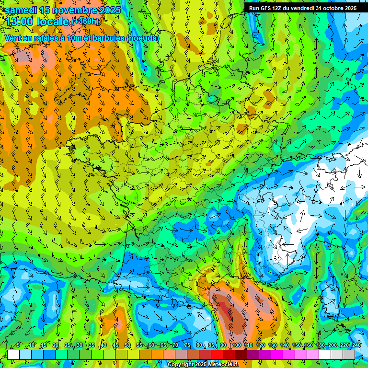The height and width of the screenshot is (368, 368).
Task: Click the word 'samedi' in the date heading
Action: [21, 10]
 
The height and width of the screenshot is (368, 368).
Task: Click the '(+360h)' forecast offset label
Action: [85, 21]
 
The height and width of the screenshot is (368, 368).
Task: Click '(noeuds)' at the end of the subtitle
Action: [143, 38]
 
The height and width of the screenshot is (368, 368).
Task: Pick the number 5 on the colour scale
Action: [18, 345]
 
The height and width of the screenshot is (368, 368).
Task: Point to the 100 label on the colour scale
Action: [236, 345]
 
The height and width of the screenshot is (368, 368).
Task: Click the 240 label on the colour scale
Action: [356, 345]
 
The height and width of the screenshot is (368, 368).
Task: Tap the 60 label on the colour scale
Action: [151, 345]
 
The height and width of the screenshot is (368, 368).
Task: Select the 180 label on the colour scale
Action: [320, 345]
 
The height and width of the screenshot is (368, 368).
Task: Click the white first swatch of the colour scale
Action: [13, 355]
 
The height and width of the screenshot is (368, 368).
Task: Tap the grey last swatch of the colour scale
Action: [349, 355]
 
